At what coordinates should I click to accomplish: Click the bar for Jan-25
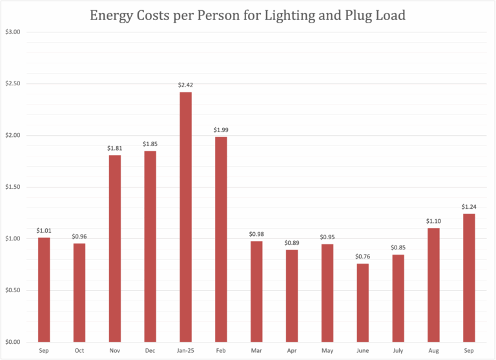(x=185, y=217)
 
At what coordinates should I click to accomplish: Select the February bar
(x=221, y=239)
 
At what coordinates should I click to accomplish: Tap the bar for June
(x=362, y=302)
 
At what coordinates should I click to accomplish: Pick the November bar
(x=114, y=248)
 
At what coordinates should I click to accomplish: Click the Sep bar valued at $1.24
(x=469, y=278)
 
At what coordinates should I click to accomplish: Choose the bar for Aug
(x=433, y=285)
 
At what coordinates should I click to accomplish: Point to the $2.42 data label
(x=185, y=85)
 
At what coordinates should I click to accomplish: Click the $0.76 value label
(x=362, y=257)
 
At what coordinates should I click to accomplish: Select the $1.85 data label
(x=150, y=144)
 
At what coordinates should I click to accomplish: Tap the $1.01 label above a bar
(x=44, y=231)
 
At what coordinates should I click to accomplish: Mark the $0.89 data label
(x=292, y=243)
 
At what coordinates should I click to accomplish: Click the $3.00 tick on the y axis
(x=13, y=32)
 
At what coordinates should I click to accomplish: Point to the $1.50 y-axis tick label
(x=13, y=187)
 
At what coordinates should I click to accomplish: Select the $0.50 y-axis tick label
(x=13, y=290)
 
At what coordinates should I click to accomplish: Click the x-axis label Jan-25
(x=185, y=350)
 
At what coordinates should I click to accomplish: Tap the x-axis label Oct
(x=79, y=350)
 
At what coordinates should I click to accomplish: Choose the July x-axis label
(x=398, y=350)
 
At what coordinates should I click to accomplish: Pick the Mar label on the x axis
(x=256, y=350)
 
